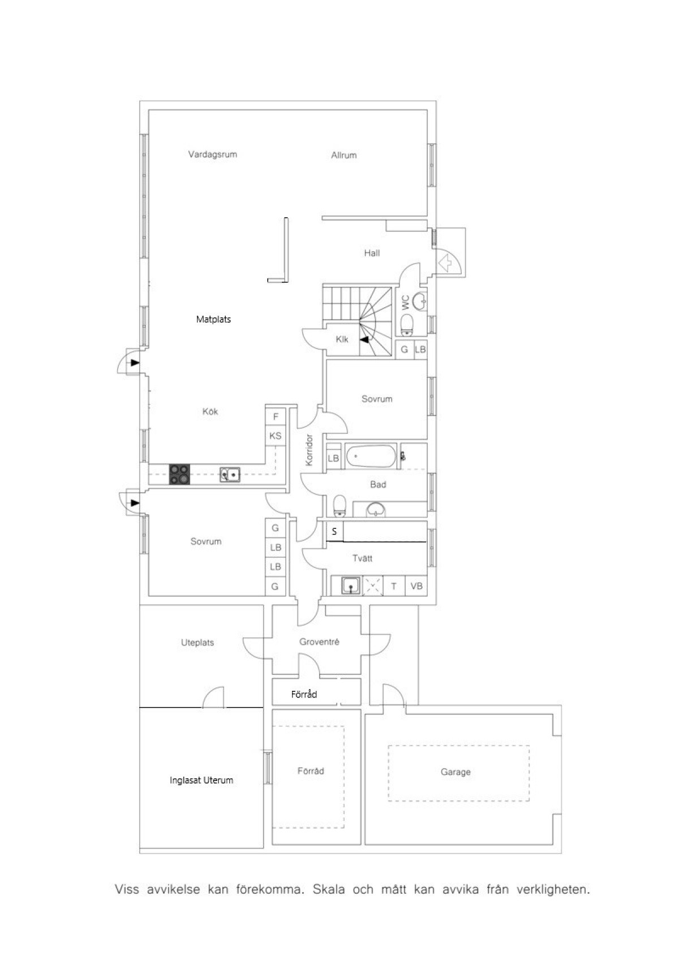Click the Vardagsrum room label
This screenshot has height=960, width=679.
pos(213,154)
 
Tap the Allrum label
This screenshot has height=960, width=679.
pos(344,155)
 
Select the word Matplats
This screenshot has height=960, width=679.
pos(213,319)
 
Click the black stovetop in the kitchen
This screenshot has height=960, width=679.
pos(179,475)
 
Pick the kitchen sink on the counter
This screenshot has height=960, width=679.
pos(230,475)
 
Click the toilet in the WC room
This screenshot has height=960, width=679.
pos(407,325)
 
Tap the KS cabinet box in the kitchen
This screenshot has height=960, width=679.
pos(275,436)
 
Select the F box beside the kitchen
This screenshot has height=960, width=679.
pos(276,416)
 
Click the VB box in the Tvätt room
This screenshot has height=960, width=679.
pos(416,586)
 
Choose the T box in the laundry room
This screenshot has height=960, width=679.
pos(394,586)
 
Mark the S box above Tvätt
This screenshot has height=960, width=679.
pos(334,531)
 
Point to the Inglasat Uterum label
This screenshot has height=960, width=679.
pos(201,780)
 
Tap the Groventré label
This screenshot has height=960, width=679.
pos(319,642)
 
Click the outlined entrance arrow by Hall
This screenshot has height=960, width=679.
pos(445,263)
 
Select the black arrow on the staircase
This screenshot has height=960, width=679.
pos(364,340)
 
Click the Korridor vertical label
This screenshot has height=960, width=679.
pos(310,450)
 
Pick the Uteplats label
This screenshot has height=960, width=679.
pos(197,643)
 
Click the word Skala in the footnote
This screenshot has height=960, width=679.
pos(328,890)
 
